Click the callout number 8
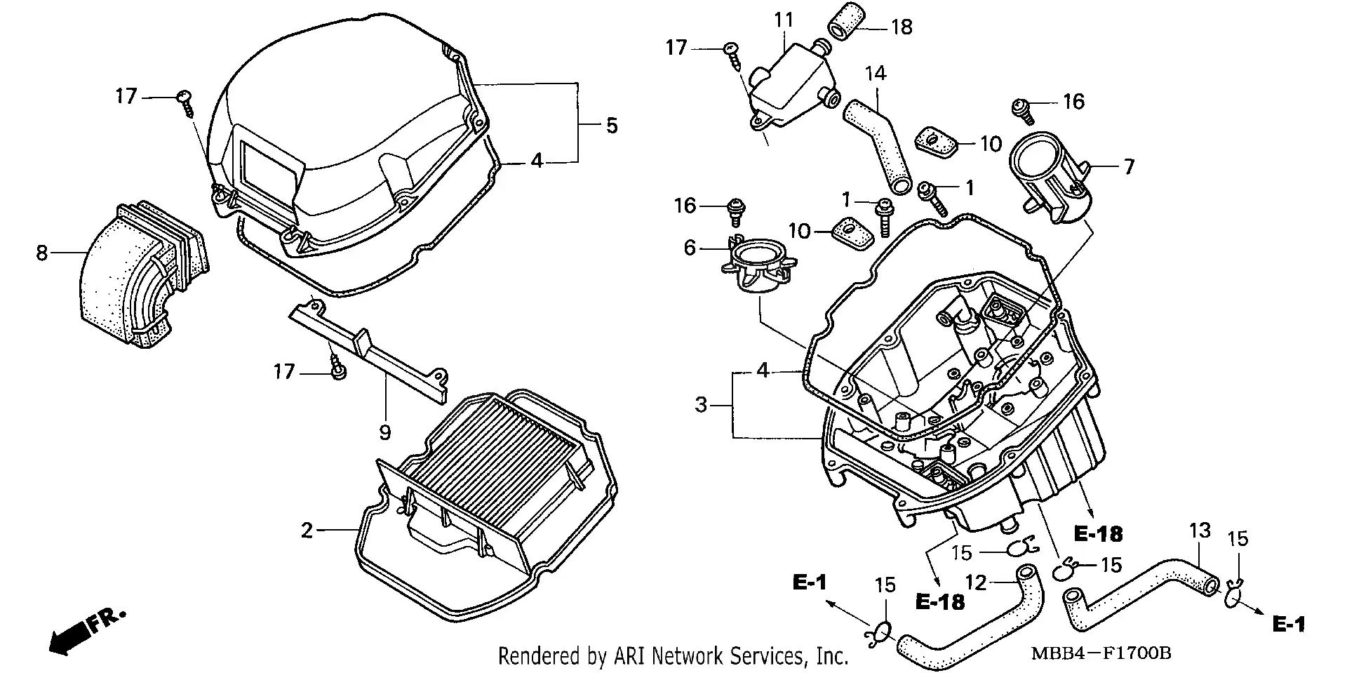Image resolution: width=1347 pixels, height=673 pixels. coord(41,253)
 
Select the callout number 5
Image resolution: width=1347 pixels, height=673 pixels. coord(612,126)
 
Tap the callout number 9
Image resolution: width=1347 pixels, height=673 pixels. coord(384,433)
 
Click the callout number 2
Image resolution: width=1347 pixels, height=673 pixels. coord(307,531)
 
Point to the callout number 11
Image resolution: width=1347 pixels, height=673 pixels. coord(783,20)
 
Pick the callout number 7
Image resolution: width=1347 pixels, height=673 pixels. coord(1129,167)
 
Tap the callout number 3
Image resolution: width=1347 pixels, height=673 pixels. coord(701,405)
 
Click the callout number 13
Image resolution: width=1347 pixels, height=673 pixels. coord(1200,531)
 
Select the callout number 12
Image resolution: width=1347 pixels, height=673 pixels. coord(976,582)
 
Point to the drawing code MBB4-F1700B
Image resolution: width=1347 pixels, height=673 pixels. coord(1101,653)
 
